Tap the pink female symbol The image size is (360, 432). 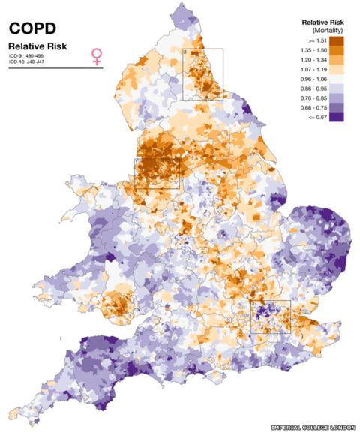(97, 56)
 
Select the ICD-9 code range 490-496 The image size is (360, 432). (38, 56)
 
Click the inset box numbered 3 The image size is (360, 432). (203, 73)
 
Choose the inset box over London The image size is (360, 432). (270, 316)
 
